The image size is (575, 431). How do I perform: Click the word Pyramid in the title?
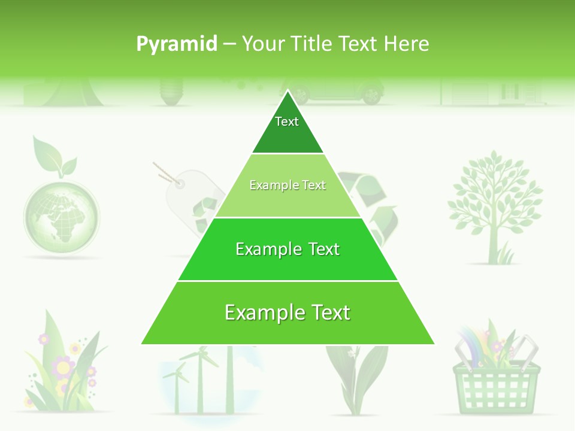(x=177, y=44)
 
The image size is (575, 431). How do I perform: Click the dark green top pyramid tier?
(x=287, y=135)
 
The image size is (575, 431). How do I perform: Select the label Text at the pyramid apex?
(x=287, y=122)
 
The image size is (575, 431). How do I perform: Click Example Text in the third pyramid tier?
(x=287, y=249)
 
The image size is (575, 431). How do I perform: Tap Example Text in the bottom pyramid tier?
(x=287, y=312)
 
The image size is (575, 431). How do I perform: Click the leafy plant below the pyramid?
(x=356, y=377)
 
